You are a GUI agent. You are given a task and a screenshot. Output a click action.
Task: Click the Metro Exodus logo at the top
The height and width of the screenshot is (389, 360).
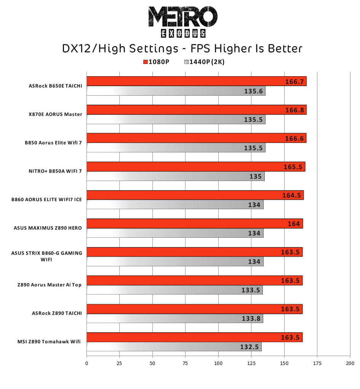click(x=182, y=21)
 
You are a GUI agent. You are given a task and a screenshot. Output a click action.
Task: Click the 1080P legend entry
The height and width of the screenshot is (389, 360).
click(x=156, y=62)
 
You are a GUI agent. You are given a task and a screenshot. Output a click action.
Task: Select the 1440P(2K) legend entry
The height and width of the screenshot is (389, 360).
click(x=204, y=62)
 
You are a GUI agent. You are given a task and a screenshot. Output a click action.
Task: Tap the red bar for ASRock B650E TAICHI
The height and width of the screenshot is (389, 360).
click(x=196, y=81)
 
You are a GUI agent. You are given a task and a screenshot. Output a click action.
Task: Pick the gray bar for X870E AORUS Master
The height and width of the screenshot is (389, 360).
click(x=176, y=119)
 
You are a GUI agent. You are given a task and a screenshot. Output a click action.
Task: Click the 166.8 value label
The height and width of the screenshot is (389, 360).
click(x=294, y=110)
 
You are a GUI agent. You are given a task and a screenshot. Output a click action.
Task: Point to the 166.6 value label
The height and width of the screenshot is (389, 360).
click(x=294, y=139)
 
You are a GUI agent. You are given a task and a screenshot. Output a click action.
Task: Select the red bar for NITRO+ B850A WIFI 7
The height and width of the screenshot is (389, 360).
click(x=195, y=167)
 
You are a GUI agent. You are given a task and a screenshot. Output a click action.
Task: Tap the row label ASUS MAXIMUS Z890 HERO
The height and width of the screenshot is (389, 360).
click(x=48, y=228)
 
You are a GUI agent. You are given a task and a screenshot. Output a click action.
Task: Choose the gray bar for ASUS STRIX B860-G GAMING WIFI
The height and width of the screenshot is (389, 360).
click(x=175, y=262)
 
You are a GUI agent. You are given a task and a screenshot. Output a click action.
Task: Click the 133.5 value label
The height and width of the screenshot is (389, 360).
click(x=251, y=290)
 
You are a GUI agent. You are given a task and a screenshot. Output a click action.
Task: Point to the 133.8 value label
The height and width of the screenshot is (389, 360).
click(x=251, y=319)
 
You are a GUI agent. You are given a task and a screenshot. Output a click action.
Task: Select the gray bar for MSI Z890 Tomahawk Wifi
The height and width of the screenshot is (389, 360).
click(x=174, y=347)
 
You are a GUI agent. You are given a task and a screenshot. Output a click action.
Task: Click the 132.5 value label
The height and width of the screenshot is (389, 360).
click(x=250, y=347)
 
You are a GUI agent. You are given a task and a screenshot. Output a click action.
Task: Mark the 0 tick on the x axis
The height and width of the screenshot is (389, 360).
click(x=87, y=363)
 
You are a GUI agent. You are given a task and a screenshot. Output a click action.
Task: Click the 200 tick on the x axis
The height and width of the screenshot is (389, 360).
click(x=350, y=363)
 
